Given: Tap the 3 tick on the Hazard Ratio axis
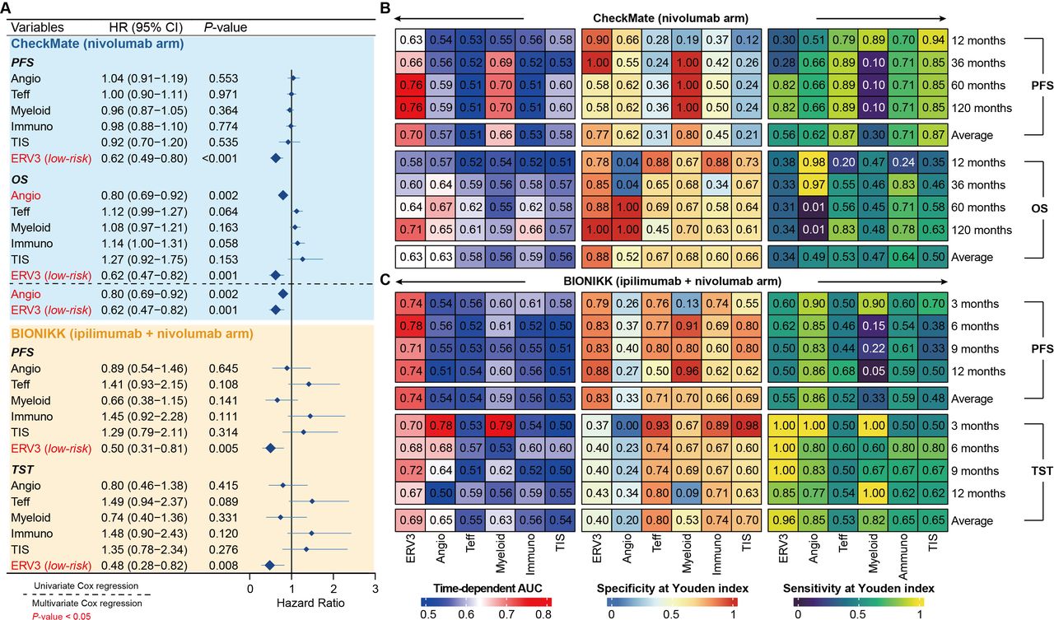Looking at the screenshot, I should [x=375, y=589].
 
